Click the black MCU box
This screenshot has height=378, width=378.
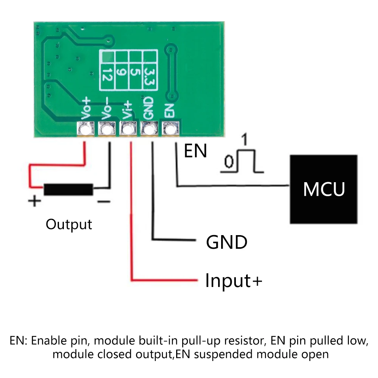click(x=324, y=189)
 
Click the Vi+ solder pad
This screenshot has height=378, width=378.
click(x=129, y=130)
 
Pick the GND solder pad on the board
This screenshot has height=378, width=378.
click(x=150, y=130)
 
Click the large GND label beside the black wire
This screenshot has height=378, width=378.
click(x=226, y=242)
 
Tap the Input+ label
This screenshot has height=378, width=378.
click(x=233, y=281)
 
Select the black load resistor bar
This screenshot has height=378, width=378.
click(x=68, y=189)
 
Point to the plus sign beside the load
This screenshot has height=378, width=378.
click(x=34, y=201)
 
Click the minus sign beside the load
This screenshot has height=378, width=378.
click(x=103, y=201)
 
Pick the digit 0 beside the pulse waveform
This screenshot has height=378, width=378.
click(x=228, y=163)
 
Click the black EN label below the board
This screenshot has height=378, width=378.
click(x=195, y=152)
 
